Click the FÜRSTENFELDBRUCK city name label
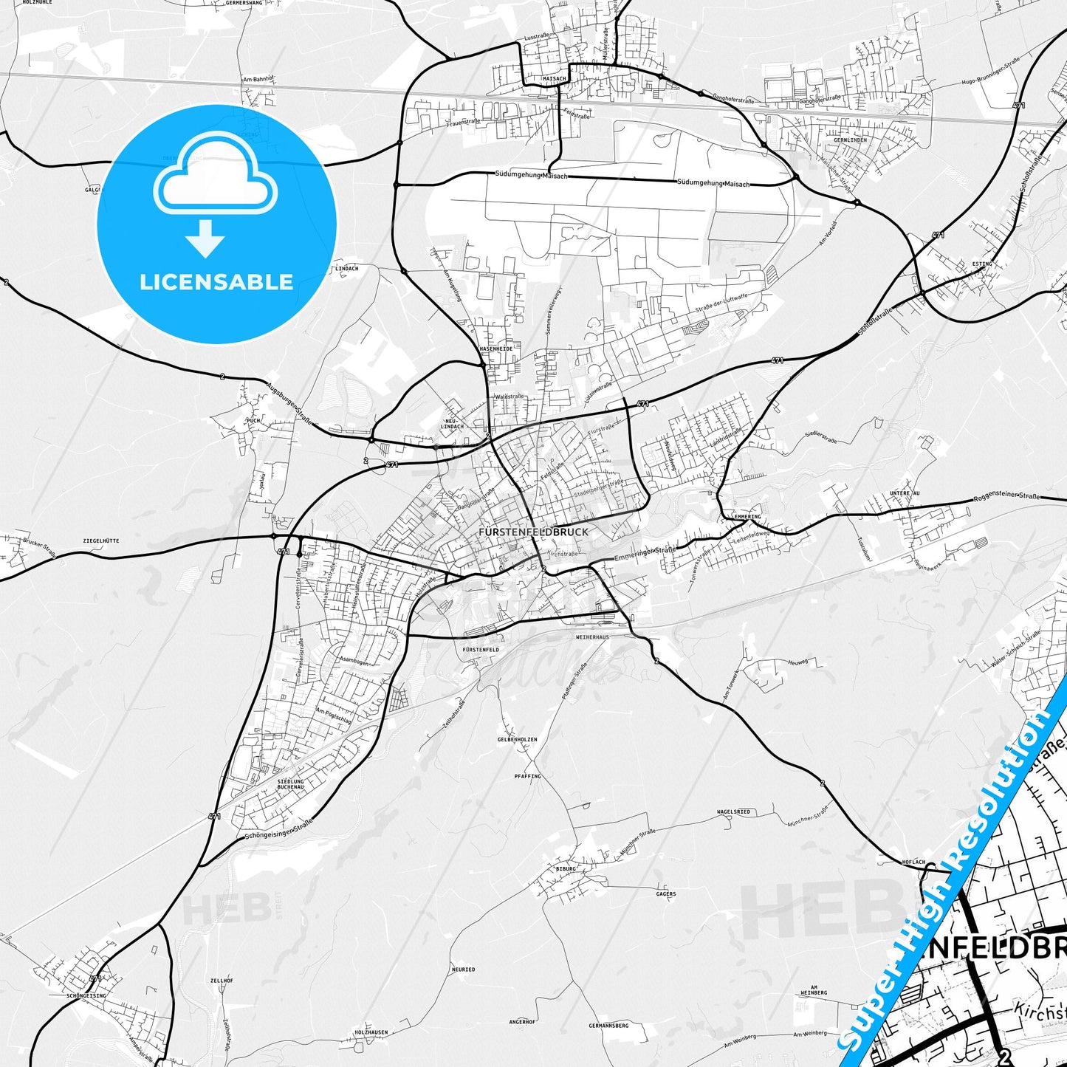[x=533, y=532]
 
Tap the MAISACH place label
[x=554, y=78]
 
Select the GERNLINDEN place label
[x=850, y=140]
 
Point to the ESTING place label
[x=982, y=264]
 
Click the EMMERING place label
[x=747, y=517]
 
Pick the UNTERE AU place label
[x=905, y=493]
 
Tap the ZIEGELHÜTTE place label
[x=101, y=541]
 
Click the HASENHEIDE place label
[x=495, y=349]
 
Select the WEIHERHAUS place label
[x=592, y=637]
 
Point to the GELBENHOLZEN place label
[x=517, y=739]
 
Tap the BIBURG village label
[x=566, y=868]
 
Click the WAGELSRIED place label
[x=733, y=812]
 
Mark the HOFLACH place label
[x=913, y=862]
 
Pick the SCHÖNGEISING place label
[x=86, y=995]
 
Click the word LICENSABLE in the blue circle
[x=216, y=282]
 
